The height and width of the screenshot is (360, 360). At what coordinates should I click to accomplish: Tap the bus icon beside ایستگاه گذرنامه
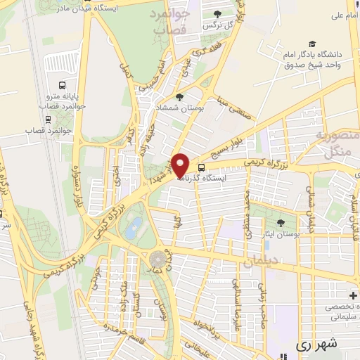202,167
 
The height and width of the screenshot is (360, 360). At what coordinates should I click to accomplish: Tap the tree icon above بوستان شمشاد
179,97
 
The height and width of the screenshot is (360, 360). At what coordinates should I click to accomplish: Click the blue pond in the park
132,226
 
